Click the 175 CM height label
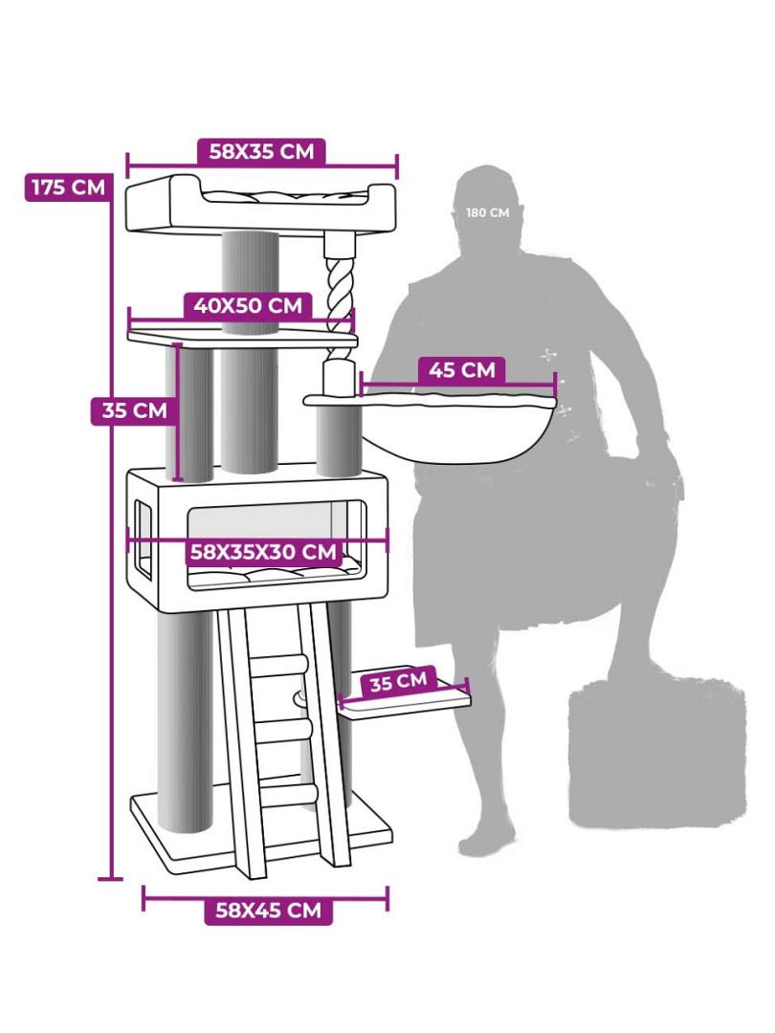68,187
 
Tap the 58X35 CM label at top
261,151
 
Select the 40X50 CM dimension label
248,306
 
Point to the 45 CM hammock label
461,370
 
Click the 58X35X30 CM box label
263,552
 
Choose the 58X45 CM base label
268,911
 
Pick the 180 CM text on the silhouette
488,212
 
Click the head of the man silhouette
488,208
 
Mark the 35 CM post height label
135,411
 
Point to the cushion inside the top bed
285,194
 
